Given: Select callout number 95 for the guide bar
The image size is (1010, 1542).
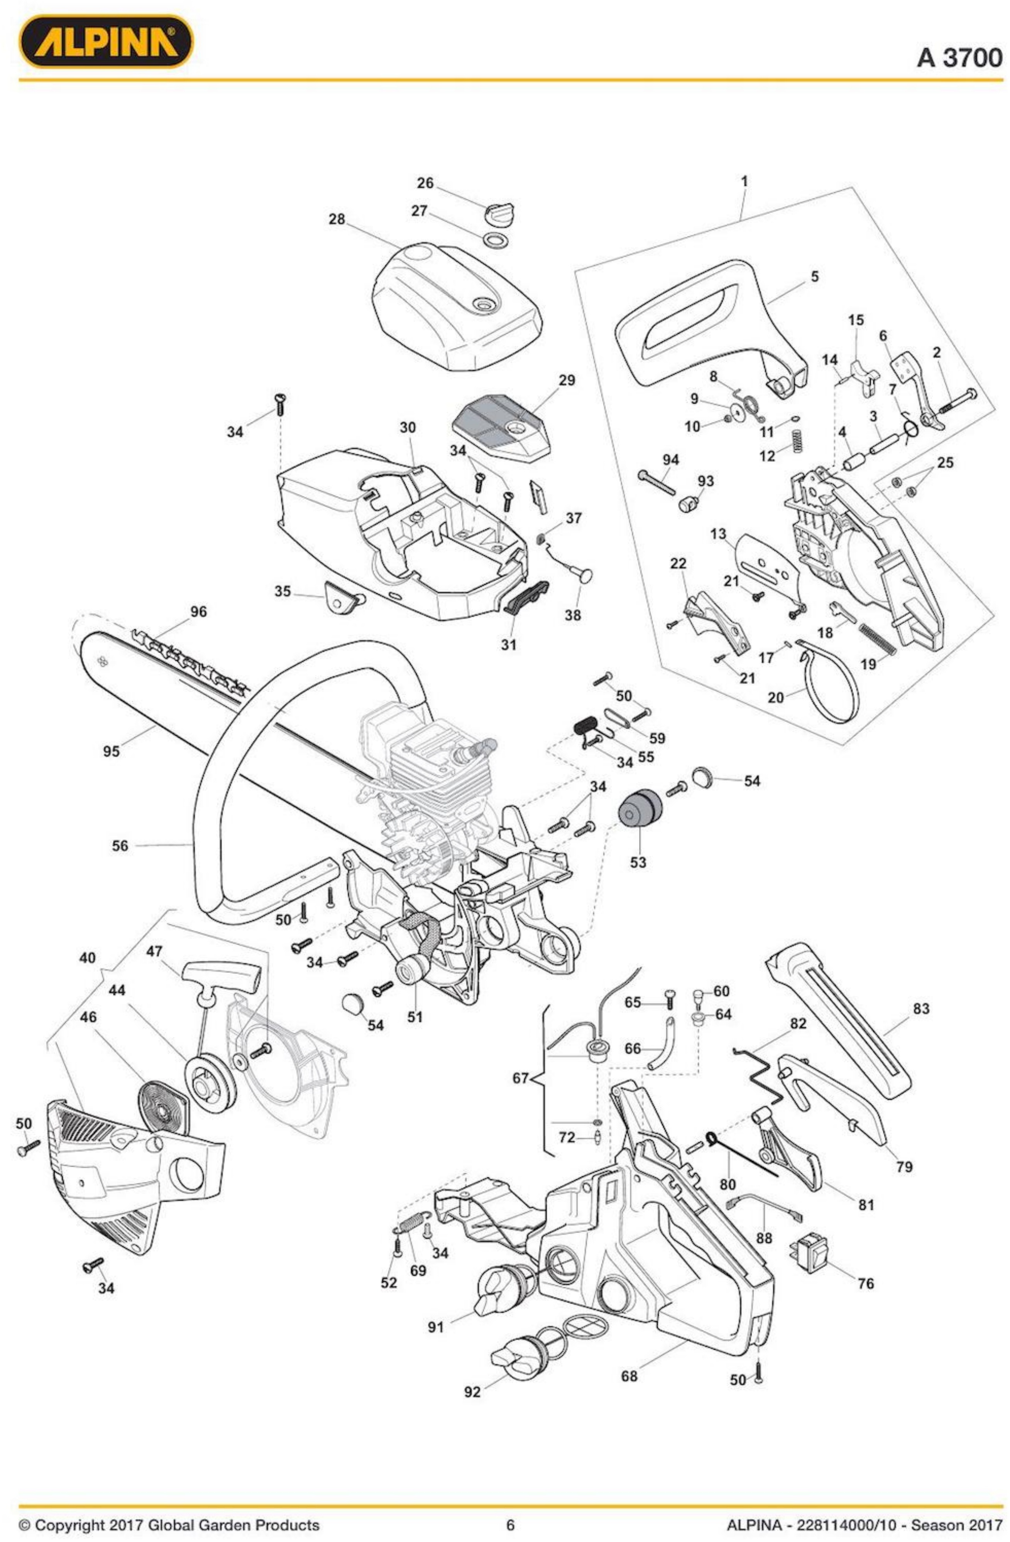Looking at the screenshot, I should (x=111, y=751).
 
